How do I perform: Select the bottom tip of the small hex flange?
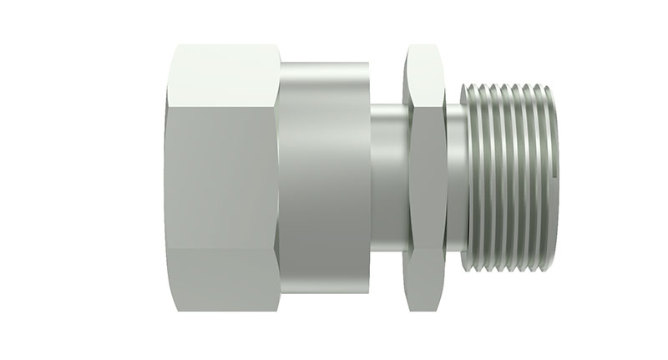(422, 310)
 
